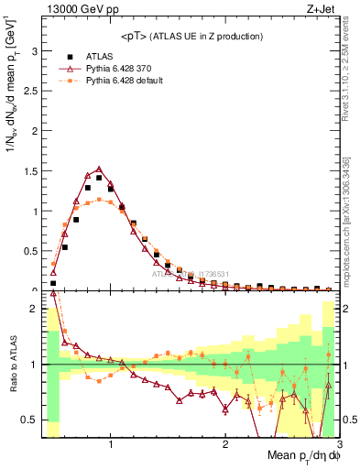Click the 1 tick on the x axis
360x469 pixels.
click(111, 443)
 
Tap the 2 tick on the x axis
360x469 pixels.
click(225, 443)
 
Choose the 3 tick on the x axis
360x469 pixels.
click(338, 443)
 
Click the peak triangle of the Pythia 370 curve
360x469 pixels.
click(99, 169)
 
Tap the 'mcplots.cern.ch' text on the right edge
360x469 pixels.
click(345, 246)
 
